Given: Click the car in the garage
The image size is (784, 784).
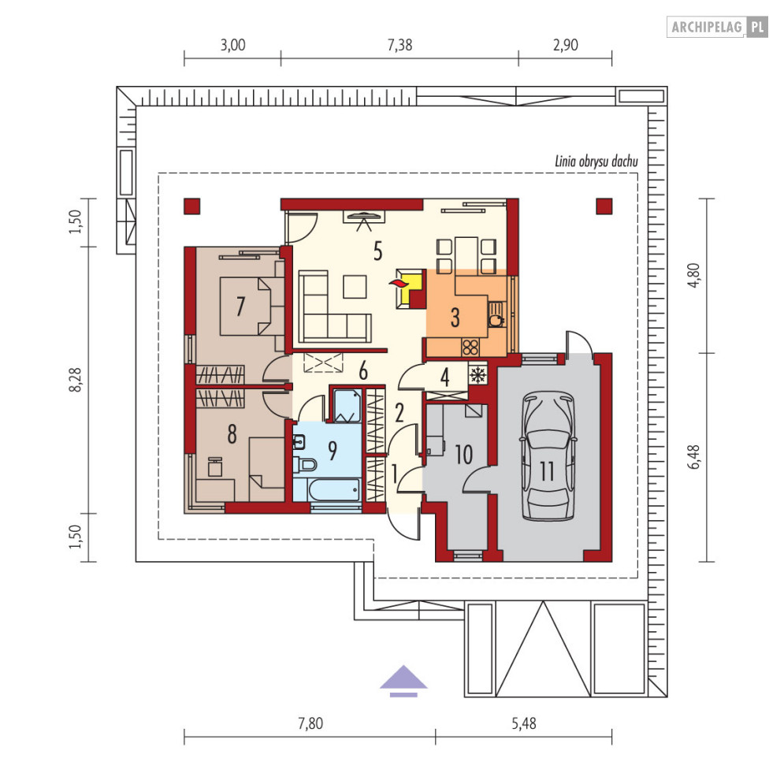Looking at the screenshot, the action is [x=547, y=456].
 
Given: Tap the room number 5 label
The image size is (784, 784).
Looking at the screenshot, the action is [x=378, y=251].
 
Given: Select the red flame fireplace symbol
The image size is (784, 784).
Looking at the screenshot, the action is [x=399, y=284].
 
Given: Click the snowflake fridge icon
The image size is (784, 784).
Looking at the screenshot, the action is [x=477, y=375].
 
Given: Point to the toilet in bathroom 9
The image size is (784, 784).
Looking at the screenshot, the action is [x=304, y=465].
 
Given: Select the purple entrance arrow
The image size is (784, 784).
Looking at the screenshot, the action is [x=403, y=681].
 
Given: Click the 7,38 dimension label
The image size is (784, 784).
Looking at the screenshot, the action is [x=400, y=46].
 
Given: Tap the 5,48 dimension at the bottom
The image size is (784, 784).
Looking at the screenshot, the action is [x=523, y=723].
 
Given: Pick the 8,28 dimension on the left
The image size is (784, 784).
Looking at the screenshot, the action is [x=76, y=380].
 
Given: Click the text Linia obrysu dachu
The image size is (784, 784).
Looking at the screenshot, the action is [x=596, y=162].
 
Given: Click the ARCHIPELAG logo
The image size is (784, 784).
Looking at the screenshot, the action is [x=717, y=27].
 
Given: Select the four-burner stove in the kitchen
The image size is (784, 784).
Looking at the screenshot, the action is [x=470, y=347].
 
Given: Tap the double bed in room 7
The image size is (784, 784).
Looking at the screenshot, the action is [x=246, y=306].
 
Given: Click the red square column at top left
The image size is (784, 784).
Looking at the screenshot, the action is [x=192, y=206].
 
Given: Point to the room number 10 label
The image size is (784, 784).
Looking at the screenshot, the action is [x=463, y=455].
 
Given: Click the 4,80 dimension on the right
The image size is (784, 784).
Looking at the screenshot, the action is [x=694, y=275].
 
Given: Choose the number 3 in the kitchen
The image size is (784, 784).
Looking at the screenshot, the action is [x=455, y=318].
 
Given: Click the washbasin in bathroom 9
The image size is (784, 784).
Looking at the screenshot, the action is [x=299, y=442].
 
